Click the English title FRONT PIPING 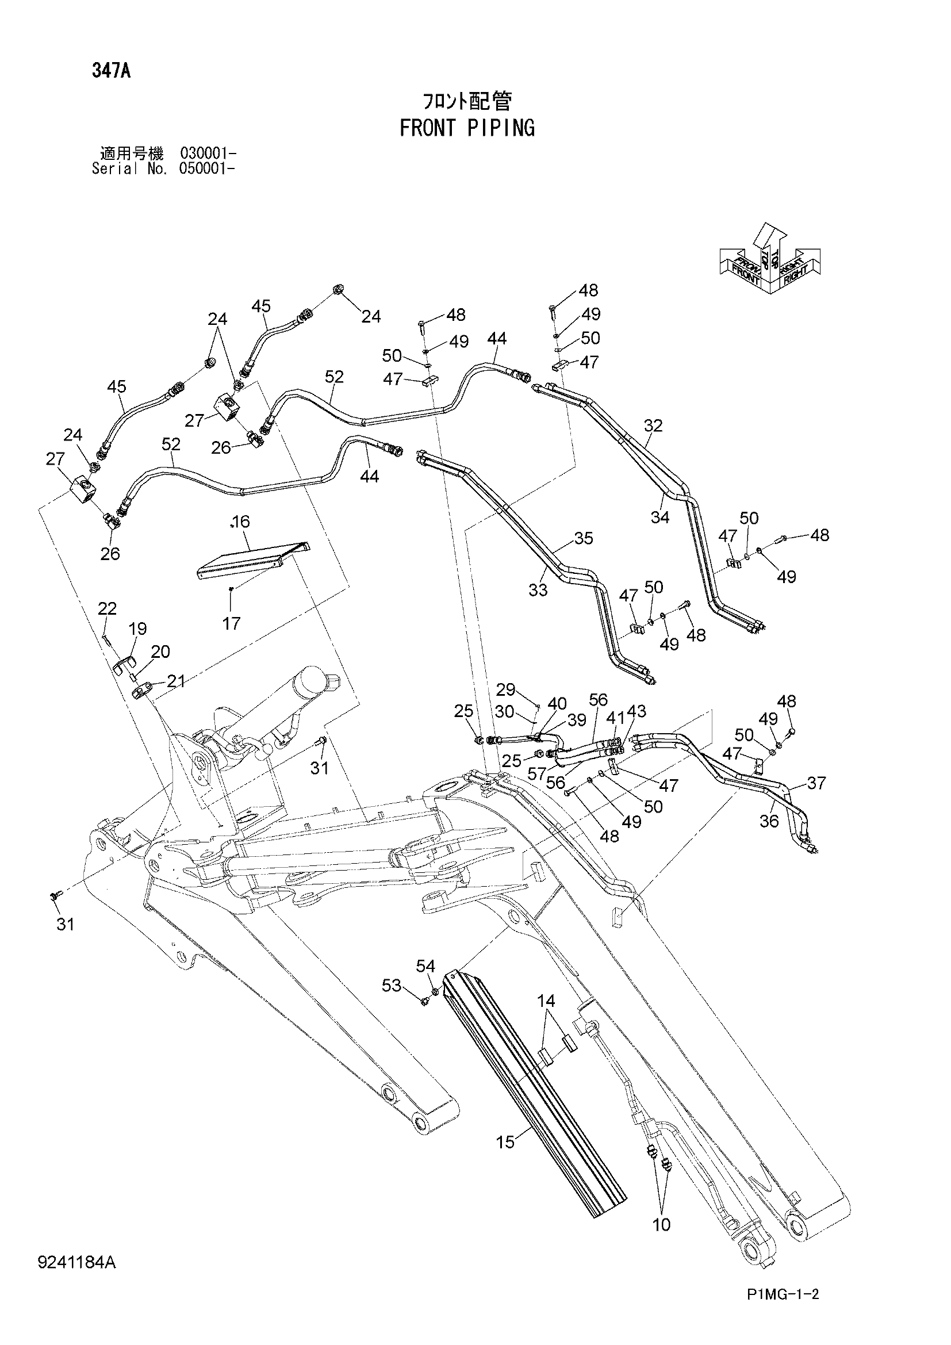pos(467,128)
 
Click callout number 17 pos(232,623)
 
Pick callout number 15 pos(505,1142)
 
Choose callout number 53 pos(392,986)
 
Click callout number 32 pos(653,426)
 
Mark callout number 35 pos(584,538)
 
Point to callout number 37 pos(816,783)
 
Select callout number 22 pos(107,608)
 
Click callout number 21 pos(177,681)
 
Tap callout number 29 pos(506,689)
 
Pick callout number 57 pos(537,774)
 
